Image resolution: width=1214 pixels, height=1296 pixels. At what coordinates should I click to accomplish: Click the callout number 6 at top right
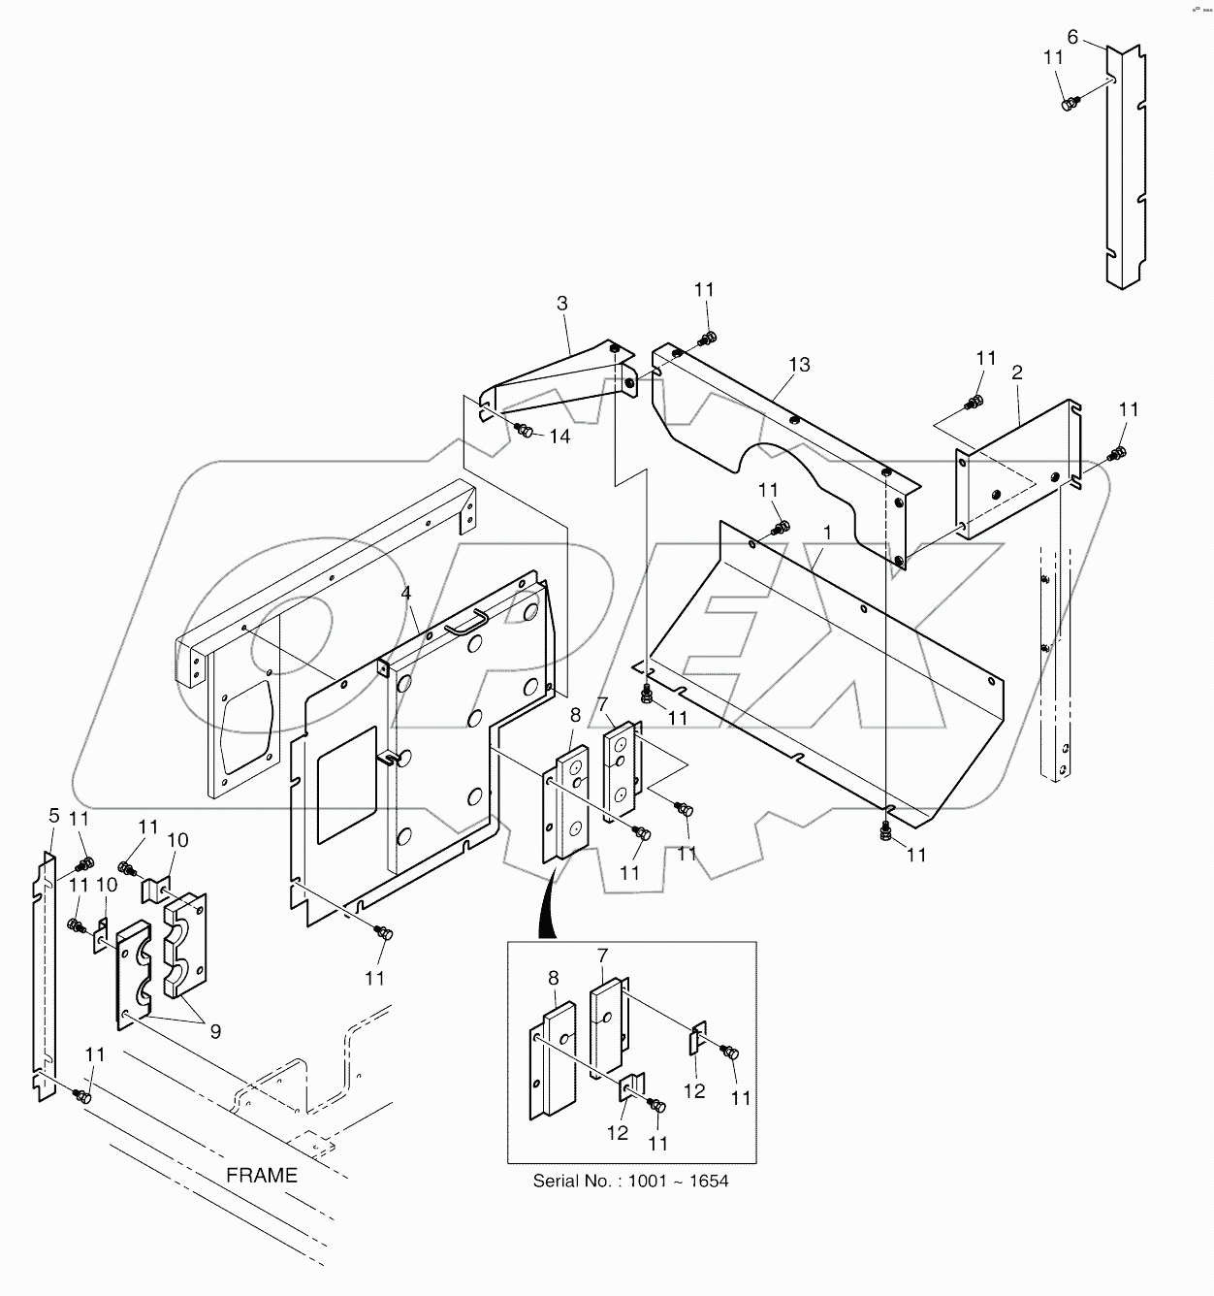point(1071,37)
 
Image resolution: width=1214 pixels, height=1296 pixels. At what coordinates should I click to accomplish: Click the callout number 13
point(799,365)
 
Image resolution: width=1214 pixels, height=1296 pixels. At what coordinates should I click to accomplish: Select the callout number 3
point(561,304)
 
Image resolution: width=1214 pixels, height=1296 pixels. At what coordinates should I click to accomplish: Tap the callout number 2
point(1017,373)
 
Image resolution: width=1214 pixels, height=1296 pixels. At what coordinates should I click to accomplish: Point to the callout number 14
point(559,437)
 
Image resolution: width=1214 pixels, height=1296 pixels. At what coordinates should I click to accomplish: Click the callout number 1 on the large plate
point(827,533)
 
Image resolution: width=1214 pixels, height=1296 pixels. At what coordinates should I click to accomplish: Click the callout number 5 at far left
point(53,816)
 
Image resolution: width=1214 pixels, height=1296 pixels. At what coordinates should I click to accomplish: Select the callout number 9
point(215,1031)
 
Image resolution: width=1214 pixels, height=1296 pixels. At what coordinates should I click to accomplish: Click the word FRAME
point(262,1175)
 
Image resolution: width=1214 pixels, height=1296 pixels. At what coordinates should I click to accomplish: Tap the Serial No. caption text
point(630,1181)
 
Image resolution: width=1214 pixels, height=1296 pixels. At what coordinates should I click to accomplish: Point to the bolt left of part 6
point(1070,103)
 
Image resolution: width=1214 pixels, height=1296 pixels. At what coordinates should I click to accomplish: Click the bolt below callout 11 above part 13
point(708,338)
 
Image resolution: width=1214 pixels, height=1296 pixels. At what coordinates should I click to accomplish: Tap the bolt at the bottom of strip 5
point(82,1096)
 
